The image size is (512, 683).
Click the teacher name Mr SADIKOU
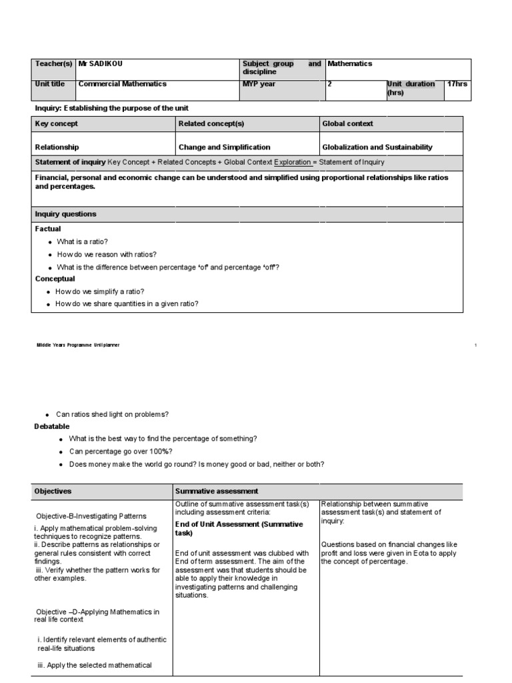click(x=101, y=64)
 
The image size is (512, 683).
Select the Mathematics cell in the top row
click(x=349, y=64)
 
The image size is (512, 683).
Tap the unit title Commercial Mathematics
click(x=123, y=84)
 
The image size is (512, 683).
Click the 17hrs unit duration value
click(x=457, y=84)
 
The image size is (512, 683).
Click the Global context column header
click(x=347, y=124)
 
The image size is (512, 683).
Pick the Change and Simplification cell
click(x=225, y=147)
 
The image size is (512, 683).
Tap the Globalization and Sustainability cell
click(x=377, y=147)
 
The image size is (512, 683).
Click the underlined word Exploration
click(x=295, y=163)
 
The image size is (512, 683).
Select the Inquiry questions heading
click(x=65, y=214)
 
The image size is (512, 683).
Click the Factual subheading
click(x=48, y=229)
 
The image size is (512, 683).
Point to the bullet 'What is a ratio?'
click(x=83, y=242)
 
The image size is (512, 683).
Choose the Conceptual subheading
click(x=55, y=279)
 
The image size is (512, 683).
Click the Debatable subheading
click(x=52, y=426)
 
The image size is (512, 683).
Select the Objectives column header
click(x=53, y=492)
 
